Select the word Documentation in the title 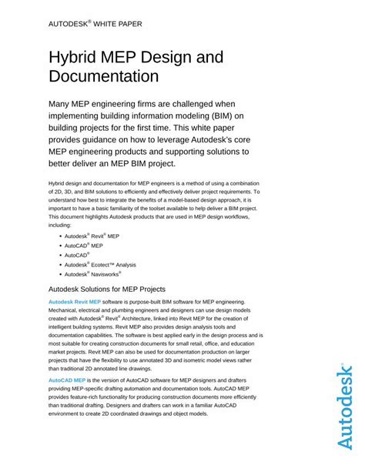pos(103,77)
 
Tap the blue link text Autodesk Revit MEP pos(75,303)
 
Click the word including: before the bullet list pos(61,226)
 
